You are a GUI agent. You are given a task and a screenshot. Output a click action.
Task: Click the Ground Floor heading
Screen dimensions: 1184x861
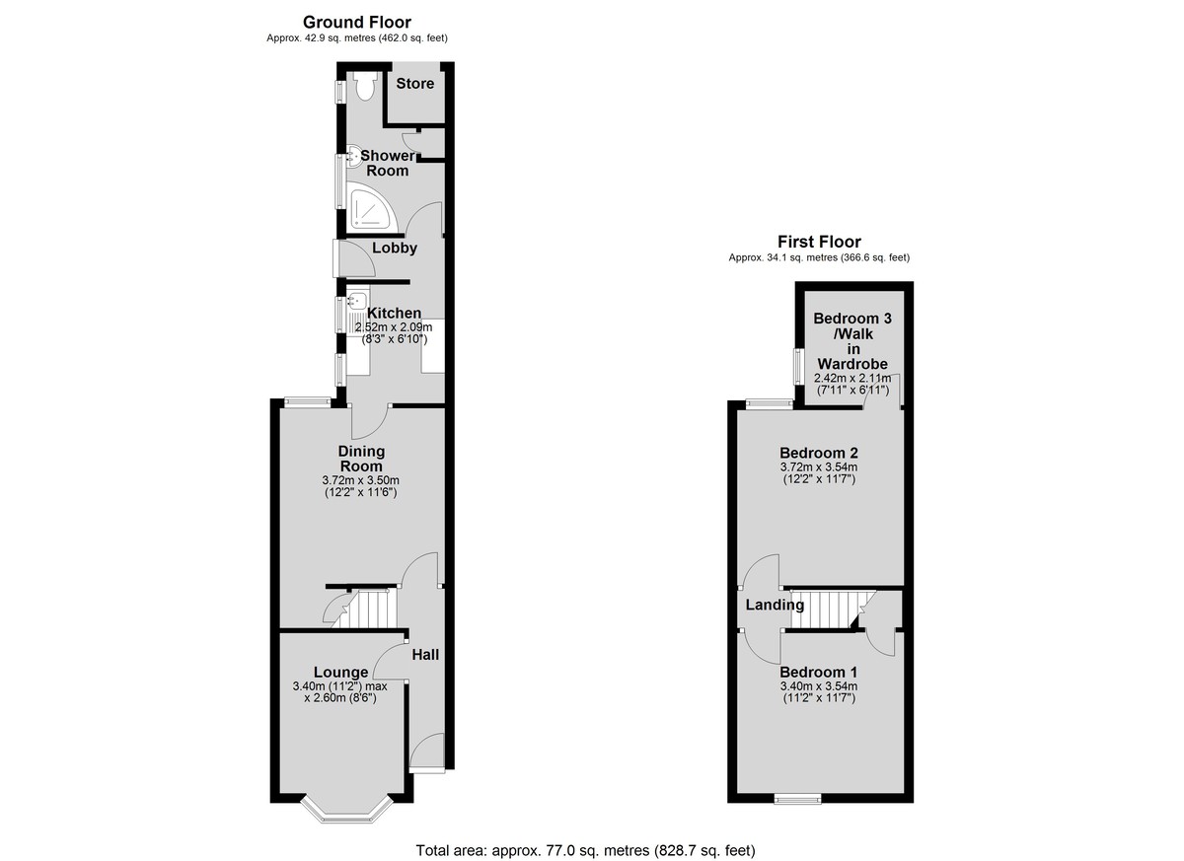point(357,22)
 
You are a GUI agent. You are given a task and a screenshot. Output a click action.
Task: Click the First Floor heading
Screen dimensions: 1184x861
point(819,242)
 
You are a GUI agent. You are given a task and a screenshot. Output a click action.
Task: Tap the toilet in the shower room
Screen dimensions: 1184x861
point(364,86)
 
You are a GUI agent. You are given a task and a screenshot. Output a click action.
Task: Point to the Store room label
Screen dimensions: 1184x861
point(415,84)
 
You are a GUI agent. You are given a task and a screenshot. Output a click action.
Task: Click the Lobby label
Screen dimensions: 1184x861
point(395,248)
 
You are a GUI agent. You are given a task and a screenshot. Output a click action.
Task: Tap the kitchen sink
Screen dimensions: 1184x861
point(357,302)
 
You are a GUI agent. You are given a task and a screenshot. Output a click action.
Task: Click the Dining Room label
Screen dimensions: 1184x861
point(361,459)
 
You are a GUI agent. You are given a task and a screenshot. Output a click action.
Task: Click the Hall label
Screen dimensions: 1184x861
point(425,655)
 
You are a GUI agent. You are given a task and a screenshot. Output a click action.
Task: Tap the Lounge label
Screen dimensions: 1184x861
point(341,672)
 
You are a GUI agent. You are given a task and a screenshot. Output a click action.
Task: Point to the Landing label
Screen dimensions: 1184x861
point(775,605)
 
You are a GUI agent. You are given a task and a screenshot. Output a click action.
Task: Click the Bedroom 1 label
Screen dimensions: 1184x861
point(819,672)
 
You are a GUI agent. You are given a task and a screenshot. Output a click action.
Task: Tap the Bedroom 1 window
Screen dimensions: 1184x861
point(797,800)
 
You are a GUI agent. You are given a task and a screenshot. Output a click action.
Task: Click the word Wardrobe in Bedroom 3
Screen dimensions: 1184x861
point(852,364)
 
